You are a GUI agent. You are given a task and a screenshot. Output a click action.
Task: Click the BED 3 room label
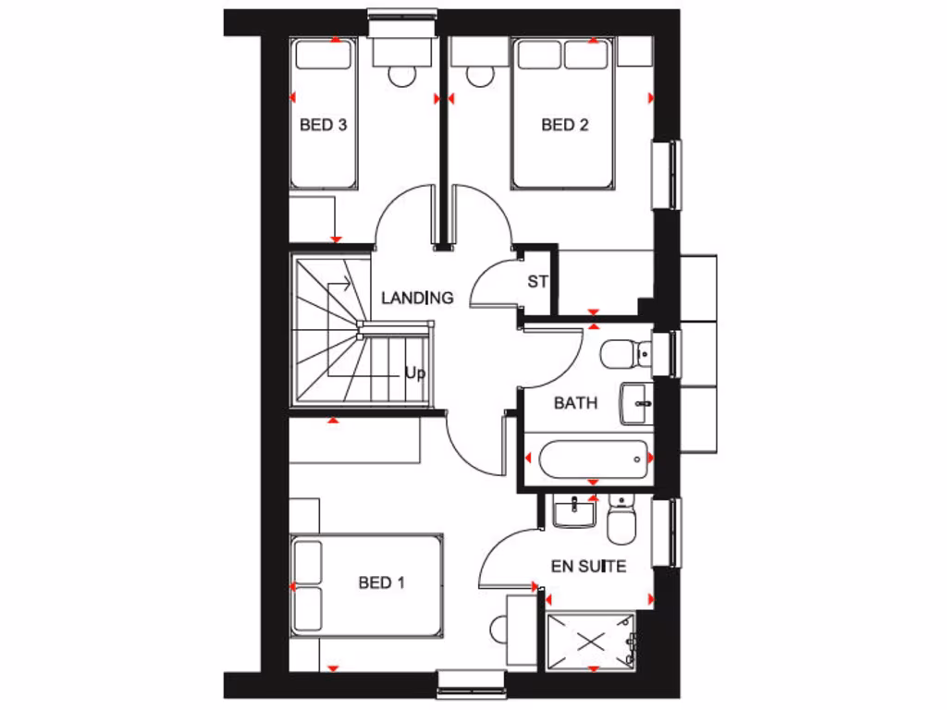pos(323,125)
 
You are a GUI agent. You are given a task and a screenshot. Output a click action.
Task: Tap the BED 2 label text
pos(565,125)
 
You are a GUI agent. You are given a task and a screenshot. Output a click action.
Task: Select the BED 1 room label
pos(382,582)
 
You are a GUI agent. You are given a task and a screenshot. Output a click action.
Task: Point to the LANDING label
pos(418,298)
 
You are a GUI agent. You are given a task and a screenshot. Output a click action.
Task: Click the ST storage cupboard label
pos(537,282)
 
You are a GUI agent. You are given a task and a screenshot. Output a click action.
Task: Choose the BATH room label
pos(575,403)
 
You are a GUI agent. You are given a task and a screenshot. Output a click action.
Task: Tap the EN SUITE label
pos(589,566)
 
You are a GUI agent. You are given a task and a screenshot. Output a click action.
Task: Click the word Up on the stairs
pos(414,374)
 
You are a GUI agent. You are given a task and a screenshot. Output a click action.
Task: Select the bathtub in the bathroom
pos(588,459)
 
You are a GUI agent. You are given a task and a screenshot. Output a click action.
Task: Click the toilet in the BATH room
pos(624,352)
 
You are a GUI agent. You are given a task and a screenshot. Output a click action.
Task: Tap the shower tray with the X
pos(592,640)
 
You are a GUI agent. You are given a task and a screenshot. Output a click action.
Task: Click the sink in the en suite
pos(576,511)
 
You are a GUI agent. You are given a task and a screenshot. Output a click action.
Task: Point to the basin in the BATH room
pos(636,404)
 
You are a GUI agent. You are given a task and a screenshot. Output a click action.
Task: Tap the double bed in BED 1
pos(367,584)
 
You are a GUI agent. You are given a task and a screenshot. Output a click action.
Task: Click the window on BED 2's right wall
pos(667,174)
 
